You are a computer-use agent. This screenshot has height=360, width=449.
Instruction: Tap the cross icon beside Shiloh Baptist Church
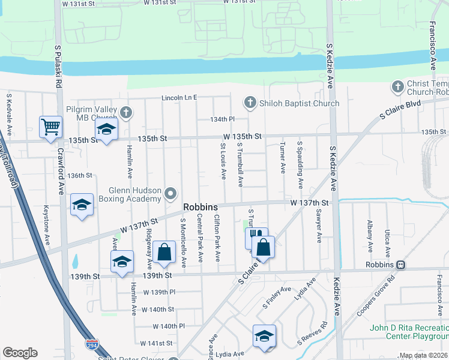pyautogui.click(x=250, y=103)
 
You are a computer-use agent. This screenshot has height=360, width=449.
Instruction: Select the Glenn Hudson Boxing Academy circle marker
pyautogui.click(x=171, y=193)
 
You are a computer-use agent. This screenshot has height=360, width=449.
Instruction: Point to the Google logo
pyautogui.click(x=20, y=353)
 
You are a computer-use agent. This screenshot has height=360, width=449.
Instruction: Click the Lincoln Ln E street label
pyautogui.click(x=179, y=97)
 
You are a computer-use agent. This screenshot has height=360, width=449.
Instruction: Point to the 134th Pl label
pyautogui.click(x=221, y=119)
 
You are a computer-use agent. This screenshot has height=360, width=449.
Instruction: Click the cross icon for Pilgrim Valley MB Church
pyautogui.click(x=125, y=112)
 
